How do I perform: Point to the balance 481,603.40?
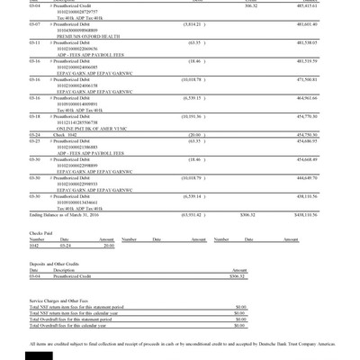(329, 24)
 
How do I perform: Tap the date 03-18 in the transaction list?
(34, 116)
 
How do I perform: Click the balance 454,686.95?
(329, 140)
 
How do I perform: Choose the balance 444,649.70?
(329, 177)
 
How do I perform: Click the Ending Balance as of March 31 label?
(64, 216)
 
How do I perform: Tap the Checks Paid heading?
(41, 232)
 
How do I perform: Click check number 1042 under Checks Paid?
(34, 245)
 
